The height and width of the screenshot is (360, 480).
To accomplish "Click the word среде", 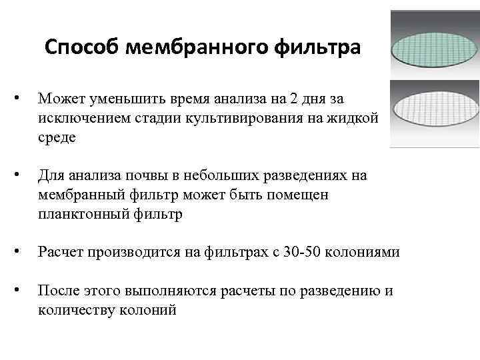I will pyautogui.click(x=57, y=137).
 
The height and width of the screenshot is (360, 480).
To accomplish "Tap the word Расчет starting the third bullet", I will pyautogui.click(x=59, y=253).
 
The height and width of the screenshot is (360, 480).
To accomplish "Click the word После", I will pyautogui.click(x=58, y=291).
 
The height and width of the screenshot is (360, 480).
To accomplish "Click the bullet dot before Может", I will pyautogui.click(x=24, y=99).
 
